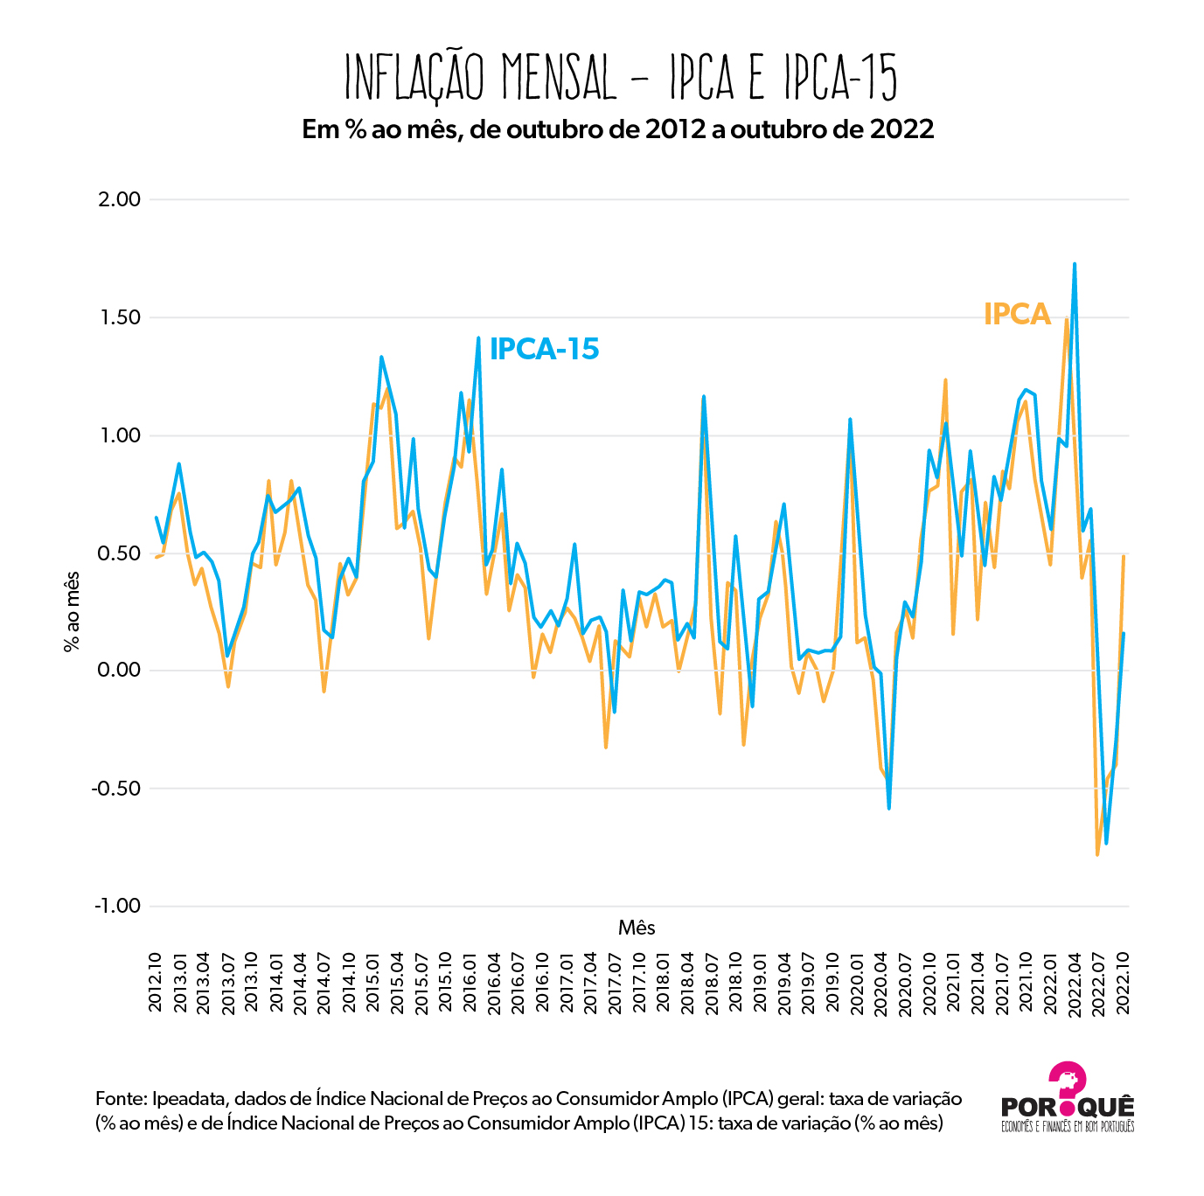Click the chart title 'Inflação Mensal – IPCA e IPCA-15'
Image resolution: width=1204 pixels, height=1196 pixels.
pos(621,78)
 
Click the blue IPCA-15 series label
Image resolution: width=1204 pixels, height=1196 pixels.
pos(544,349)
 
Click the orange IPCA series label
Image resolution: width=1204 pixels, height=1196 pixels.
pos(1016,314)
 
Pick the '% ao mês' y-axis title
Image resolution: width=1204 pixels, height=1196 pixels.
pos(72,612)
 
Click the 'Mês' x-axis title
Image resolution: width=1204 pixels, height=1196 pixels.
pos(636,928)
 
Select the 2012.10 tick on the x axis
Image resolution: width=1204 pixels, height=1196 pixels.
pos(156,983)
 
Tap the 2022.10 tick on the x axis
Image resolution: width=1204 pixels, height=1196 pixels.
pos(1124,983)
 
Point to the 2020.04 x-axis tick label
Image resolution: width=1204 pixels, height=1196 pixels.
pos(881,983)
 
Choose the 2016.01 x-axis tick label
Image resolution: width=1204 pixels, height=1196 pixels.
pos(470,983)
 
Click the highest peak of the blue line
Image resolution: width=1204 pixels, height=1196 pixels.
pos(1074,264)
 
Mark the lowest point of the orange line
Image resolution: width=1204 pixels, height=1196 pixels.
pos(1097,854)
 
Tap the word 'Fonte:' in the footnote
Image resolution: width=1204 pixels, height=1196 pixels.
pos(122,1099)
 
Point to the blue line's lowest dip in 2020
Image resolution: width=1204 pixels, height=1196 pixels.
pos(888,808)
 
